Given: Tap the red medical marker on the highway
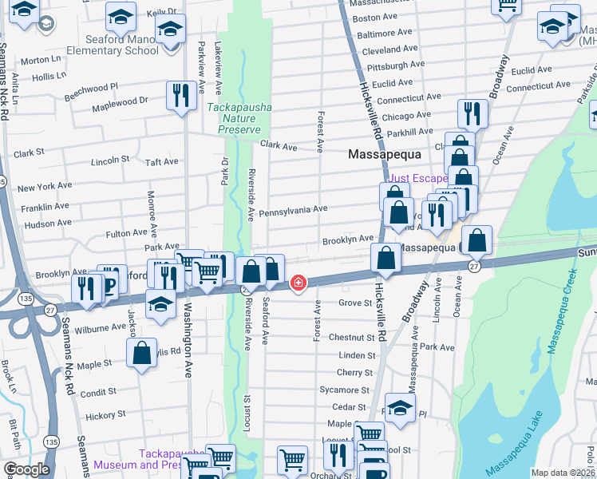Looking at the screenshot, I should point(298,283).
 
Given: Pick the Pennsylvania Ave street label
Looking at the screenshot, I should point(293,209).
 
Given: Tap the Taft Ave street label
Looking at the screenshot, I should point(162,162).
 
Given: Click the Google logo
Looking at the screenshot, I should point(26,469).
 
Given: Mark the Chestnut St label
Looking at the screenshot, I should point(351,338).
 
